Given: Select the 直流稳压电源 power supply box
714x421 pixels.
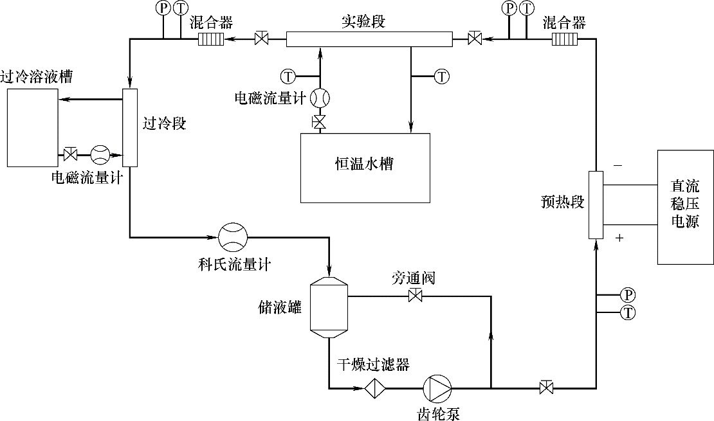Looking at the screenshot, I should click(685, 207).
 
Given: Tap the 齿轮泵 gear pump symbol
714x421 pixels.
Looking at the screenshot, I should click(437, 388).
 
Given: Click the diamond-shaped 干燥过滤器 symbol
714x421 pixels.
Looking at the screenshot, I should click(375, 388).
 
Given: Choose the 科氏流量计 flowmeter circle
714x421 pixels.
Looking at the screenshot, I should click(232, 238).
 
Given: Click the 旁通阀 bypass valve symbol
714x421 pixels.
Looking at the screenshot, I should click(415, 296).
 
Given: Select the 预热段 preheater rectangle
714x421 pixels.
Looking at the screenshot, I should click(596, 205).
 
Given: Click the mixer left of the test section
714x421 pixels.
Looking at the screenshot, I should click(210, 39).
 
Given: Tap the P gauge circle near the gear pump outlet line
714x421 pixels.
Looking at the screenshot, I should click(628, 295).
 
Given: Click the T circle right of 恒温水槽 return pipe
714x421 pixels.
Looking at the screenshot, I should click(442, 76).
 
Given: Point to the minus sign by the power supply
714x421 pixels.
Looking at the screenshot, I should click(618, 165).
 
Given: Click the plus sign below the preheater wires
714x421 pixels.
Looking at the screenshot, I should click(619, 238).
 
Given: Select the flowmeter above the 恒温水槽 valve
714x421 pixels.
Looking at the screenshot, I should click(320, 98).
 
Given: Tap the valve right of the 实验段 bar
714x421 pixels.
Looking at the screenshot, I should click(475, 39).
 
